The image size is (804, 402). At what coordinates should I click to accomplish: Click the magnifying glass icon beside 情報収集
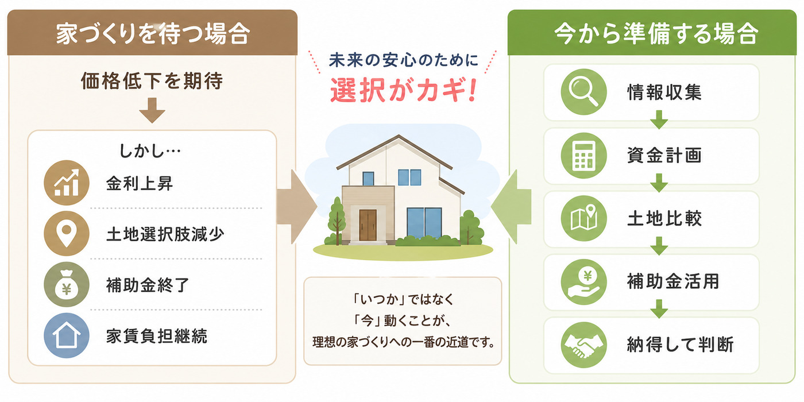pos(583,92)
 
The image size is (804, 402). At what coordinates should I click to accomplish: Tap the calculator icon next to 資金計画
pos(583,156)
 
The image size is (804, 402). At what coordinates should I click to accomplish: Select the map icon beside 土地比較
pos(583,218)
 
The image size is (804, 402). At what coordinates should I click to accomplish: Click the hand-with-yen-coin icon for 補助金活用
pos(583,282)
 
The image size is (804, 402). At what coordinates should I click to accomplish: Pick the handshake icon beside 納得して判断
pos(583,345)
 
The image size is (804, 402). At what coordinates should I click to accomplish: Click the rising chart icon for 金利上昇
pos(67,183)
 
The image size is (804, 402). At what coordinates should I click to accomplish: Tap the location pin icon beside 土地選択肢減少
pos(67,234)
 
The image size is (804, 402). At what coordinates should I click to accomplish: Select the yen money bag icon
pos(67,284)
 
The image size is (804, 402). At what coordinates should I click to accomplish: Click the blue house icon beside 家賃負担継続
pos(67,335)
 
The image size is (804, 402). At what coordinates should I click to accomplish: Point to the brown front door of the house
pos(368,225)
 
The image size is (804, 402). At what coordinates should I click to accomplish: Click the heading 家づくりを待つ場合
pos(153,34)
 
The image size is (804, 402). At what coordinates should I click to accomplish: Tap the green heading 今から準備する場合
pos(656,34)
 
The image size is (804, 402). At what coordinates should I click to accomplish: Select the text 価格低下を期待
pos(152,80)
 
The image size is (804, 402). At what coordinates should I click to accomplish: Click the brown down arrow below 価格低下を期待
pos(152,110)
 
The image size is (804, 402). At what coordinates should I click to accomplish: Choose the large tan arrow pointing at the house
pos(297,207)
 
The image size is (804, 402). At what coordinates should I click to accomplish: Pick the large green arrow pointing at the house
pos(511,207)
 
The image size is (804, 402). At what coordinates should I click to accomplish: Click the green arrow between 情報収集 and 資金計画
pos(659,119)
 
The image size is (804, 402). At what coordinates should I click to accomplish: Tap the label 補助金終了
pos(148,285)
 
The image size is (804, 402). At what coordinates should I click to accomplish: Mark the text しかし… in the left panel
pos(150,150)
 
